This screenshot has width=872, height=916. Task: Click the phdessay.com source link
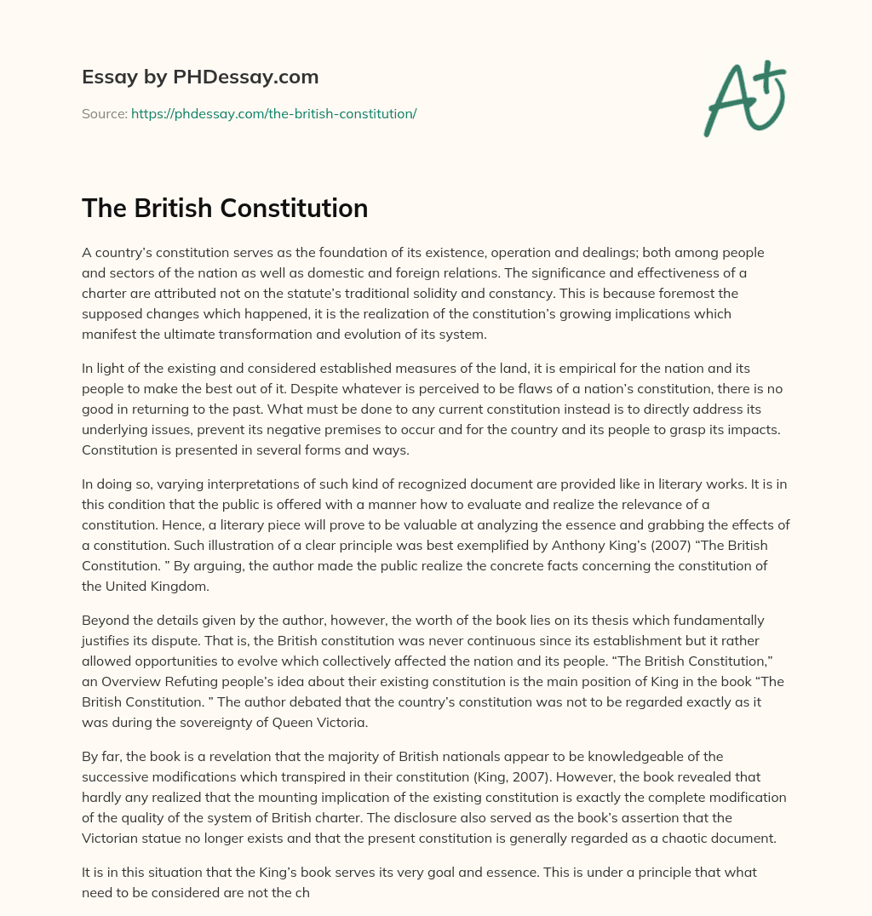[x=273, y=113]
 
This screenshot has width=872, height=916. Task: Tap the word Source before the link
[x=103, y=113]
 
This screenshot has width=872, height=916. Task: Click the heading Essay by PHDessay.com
[x=200, y=77]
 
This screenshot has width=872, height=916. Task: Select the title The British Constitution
[x=225, y=208]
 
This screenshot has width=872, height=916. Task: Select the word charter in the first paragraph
[x=106, y=294]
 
